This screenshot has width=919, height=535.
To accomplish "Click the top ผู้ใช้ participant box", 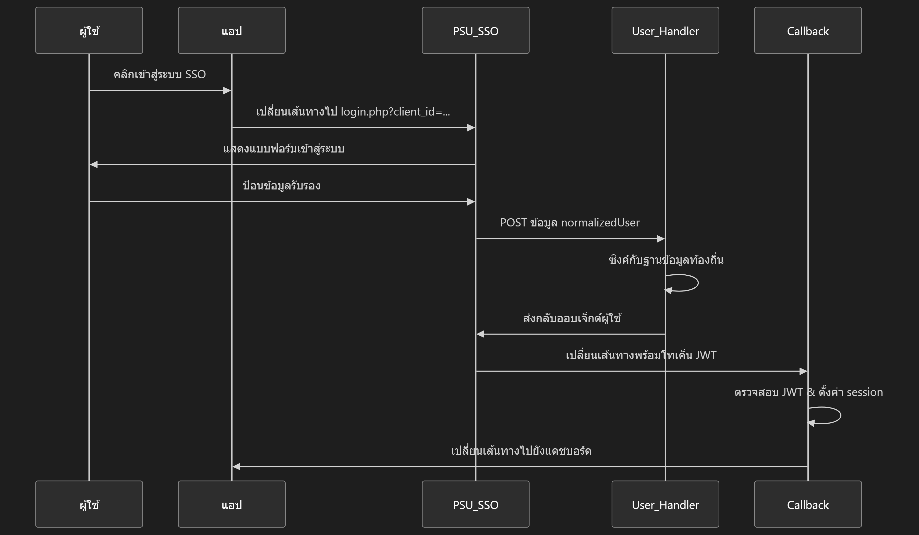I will pos(89,30).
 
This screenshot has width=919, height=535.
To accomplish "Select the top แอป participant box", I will pos(232,30).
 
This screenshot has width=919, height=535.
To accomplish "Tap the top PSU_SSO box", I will pos(476,30).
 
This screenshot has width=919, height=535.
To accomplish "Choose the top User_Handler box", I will pos(665,30).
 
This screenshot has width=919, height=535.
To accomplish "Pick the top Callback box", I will pos(808,30).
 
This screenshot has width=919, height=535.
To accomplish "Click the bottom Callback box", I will pos(808,504).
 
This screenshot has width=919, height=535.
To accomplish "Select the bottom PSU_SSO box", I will pos(476,504).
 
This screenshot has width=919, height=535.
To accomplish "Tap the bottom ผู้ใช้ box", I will pos(89,504).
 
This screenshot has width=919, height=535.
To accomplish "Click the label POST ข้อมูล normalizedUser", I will pos(570,223).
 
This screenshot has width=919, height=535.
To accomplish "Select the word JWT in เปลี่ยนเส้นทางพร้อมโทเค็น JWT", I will pos(706,355).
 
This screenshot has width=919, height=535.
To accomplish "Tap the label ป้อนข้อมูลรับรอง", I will pos(282,186).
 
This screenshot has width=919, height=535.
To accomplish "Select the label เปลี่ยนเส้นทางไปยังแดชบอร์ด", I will pos(521,451).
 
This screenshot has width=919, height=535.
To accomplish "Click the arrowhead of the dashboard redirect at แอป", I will pos(237,467).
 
